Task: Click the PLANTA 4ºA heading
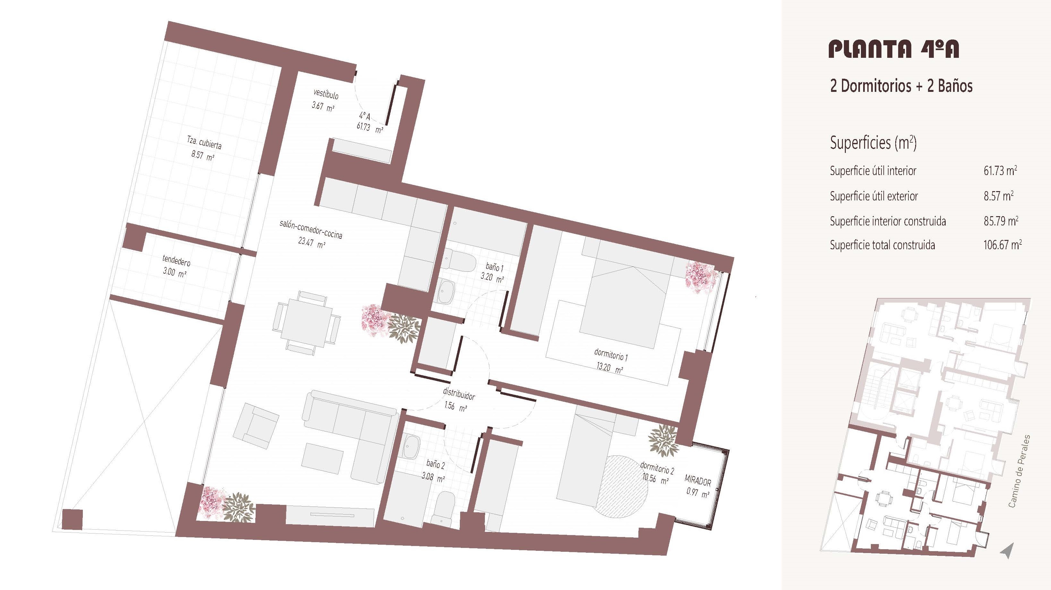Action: pyautogui.click(x=894, y=48)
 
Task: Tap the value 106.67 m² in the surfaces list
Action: pyautogui.click(x=1003, y=245)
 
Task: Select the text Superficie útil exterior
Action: pyautogui.click(x=874, y=196)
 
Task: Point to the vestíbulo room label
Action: pyautogui.click(x=326, y=94)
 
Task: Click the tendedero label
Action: pyautogui.click(x=176, y=260)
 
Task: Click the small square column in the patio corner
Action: pyautogui.click(x=72, y=519)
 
